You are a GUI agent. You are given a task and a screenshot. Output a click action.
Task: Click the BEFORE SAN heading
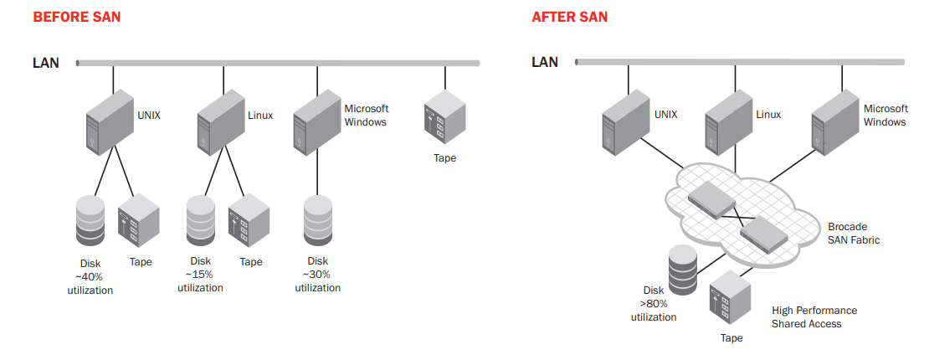(x=76, y=17)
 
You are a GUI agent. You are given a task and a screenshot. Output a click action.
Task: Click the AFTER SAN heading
(x=570, y=17)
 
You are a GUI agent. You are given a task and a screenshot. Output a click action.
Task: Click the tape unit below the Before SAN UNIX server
(x=138, y=221)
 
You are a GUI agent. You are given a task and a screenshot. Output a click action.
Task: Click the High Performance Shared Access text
(x=814, y=316)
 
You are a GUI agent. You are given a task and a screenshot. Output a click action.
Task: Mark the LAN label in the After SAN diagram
(x=545, y=62)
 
